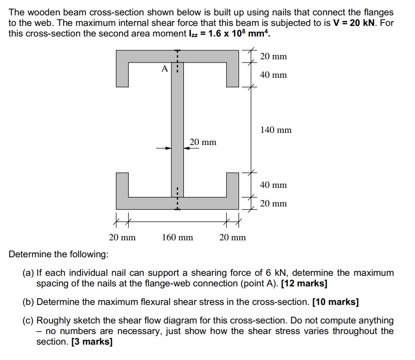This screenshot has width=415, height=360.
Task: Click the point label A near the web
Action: tap(165, 69)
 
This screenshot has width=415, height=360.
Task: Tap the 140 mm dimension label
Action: tap(276, 130)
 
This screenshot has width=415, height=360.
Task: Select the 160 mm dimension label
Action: tap(178, 237)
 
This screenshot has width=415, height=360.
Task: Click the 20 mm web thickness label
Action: tap(203, 142)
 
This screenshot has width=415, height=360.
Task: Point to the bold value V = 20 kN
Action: tap(354, 23)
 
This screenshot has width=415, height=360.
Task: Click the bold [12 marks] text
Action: tap(304, 283)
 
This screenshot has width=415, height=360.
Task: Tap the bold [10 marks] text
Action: tap(335, 302)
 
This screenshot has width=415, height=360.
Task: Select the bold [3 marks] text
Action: tap(92, 341)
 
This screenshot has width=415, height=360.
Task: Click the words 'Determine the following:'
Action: tap(58, 254)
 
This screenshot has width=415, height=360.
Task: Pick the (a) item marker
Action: tap(28, 273)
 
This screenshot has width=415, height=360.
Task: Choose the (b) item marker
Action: tap(28, 302)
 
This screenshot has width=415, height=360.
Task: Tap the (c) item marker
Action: tap(28, 320)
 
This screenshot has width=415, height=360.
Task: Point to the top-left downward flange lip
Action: tap(122, 75)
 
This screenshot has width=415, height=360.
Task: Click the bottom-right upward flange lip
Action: tap(233, 185)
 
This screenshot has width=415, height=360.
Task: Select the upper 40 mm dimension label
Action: tap(273, 75)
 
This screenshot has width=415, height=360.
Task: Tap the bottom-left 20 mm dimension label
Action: tap(122, 237)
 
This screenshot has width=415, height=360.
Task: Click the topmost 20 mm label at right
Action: tap(273, 56)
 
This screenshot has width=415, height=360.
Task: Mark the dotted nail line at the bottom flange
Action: tap(178, 199)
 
